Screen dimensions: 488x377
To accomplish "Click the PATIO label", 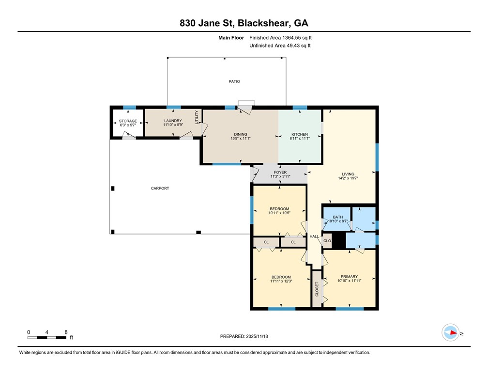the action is (234, 81).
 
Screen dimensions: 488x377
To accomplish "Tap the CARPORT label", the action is (160, 188).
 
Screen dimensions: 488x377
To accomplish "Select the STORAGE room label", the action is (128, 121).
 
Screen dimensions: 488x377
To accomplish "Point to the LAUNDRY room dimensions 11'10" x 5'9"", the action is (173, 125).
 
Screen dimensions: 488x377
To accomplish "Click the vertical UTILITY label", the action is (197, 117).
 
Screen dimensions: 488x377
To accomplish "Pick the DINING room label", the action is (241, 134).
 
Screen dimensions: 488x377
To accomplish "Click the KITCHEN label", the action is (299, 134).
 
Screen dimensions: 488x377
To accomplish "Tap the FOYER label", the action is (280, 173).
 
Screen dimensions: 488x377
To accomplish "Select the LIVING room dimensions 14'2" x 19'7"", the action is (348, 178).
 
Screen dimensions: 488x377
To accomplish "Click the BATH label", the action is (338, 217).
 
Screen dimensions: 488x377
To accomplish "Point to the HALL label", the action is (314, 236).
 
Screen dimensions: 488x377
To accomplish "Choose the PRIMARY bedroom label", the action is (349, 276).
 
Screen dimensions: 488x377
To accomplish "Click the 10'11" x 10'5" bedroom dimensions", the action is (279, 213).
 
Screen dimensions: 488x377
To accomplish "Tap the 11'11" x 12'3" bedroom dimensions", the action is (281, 281).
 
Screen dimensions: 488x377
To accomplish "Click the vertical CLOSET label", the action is (317, 289).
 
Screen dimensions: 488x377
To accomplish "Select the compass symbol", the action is (451, 333).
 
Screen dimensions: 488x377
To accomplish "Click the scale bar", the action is (46, 337).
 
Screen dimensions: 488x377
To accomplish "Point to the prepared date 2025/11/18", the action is (257, 336).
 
